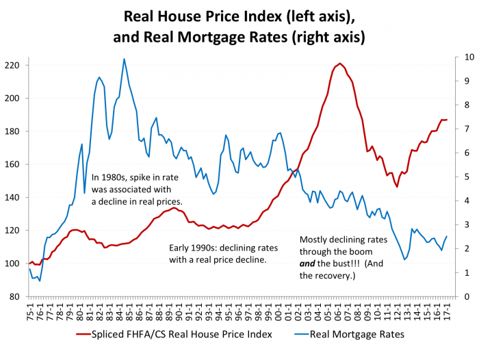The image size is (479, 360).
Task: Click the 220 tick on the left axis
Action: click(x=14, y=65)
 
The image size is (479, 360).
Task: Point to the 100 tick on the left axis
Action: click(x=14, y=263)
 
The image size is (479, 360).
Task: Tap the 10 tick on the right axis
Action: click(x=467, y=57)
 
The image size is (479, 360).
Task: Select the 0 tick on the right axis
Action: click(x=465, y=296)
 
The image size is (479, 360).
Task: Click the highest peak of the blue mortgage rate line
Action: click(x=124, y=59)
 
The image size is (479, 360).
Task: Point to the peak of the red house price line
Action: click(x=340, y=63)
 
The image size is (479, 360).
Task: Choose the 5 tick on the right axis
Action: click(x=465, y=177)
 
